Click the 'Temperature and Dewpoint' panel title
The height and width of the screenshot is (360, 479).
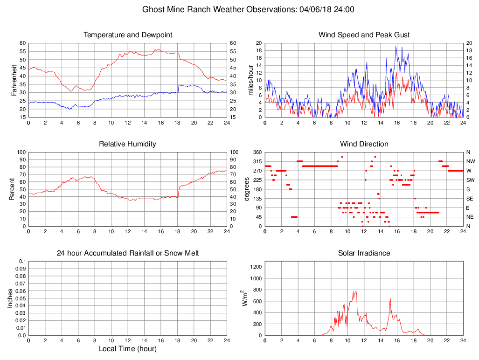point(128,35)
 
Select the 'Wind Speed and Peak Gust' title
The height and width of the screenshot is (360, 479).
point(364,35)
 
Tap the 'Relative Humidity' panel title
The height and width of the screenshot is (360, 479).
point(128,144)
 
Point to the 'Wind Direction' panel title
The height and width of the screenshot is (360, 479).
point(364,144)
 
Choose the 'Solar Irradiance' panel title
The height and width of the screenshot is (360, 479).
point(364,253)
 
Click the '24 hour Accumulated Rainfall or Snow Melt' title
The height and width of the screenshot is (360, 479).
point(128,253)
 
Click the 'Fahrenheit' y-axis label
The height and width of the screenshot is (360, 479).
point(14,80)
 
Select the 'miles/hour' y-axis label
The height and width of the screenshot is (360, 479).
point(250,80)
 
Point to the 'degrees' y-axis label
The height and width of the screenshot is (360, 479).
point(247,189)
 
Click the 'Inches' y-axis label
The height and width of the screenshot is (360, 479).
point(10,298)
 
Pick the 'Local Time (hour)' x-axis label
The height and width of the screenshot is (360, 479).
point(128,349)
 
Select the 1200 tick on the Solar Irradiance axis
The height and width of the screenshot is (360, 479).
point(257,267)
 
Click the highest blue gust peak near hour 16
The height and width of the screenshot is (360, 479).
point(396,46)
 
